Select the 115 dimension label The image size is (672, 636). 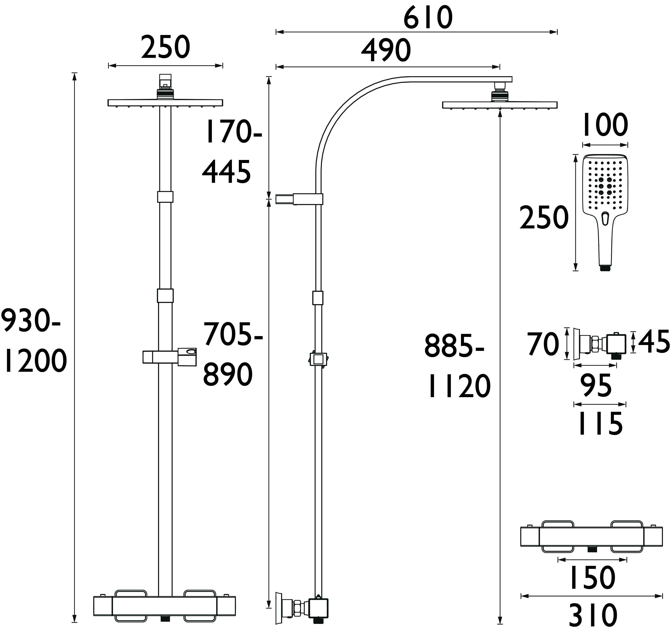(600, 424)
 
